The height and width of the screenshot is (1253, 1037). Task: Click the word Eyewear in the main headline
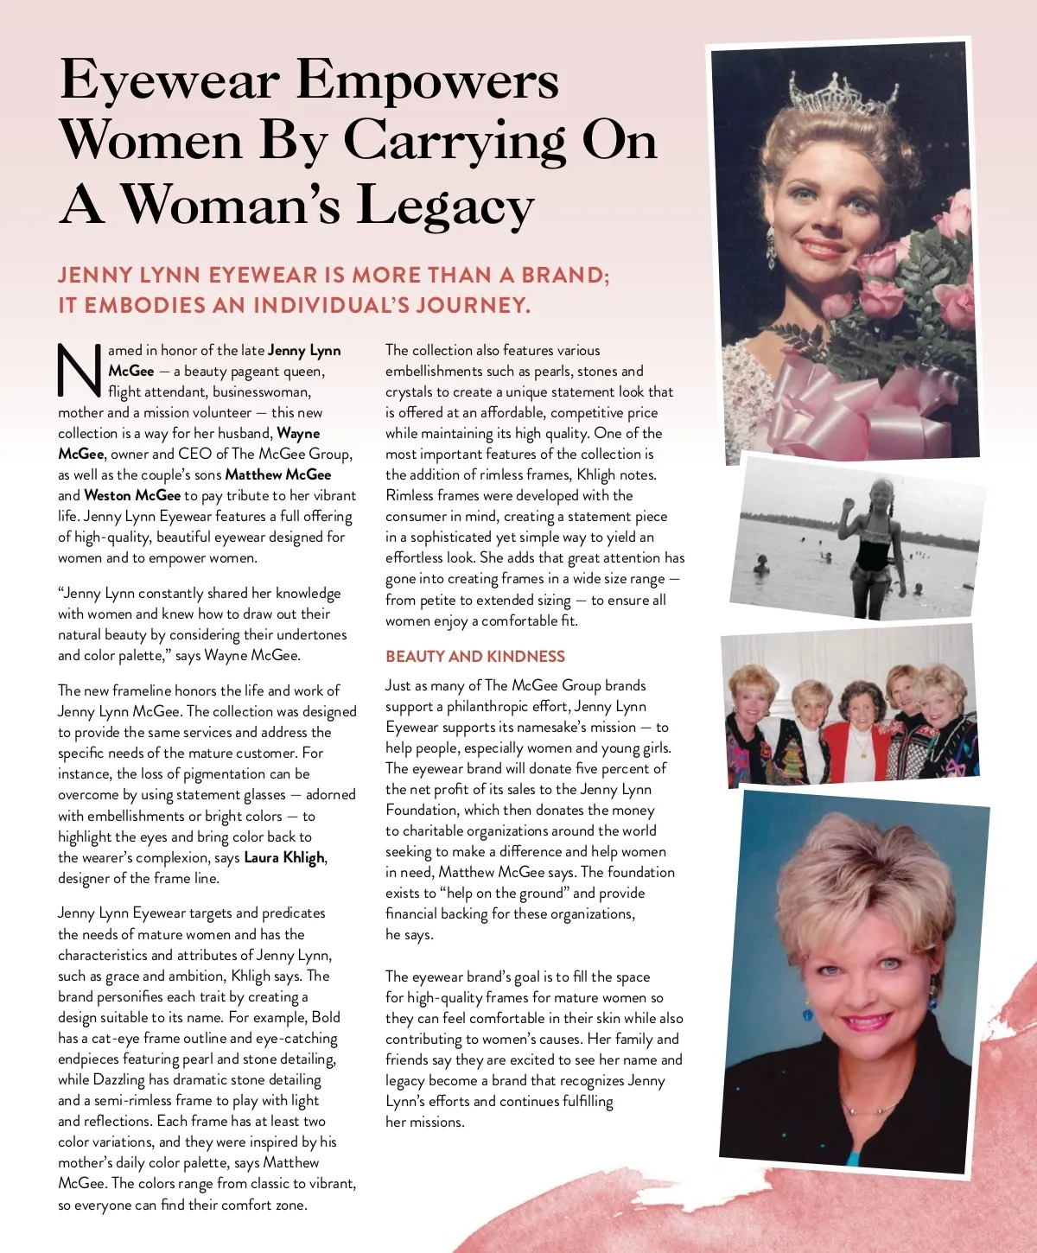(169, 82)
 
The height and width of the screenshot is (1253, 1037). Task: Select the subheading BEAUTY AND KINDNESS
(475, 657)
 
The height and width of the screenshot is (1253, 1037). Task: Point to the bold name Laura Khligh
(284, 857)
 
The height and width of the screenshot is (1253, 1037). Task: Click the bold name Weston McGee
(132, 495)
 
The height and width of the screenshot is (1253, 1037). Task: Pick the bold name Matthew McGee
(278, 474)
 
